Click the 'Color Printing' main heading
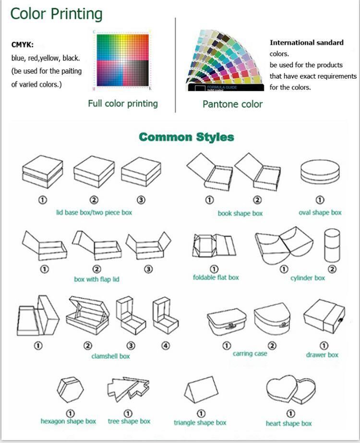(56, 13)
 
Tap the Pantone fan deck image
(226, 60)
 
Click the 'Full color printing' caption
(123, 103)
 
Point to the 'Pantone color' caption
(232, 104)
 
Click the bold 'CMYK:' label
(22, 45)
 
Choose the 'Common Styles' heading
(186, 137)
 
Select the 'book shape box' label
(240, 213)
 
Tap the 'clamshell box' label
(110, 356)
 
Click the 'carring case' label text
(250, 354)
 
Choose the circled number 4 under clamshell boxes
(166, 345)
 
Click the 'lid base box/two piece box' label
(94, 212)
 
